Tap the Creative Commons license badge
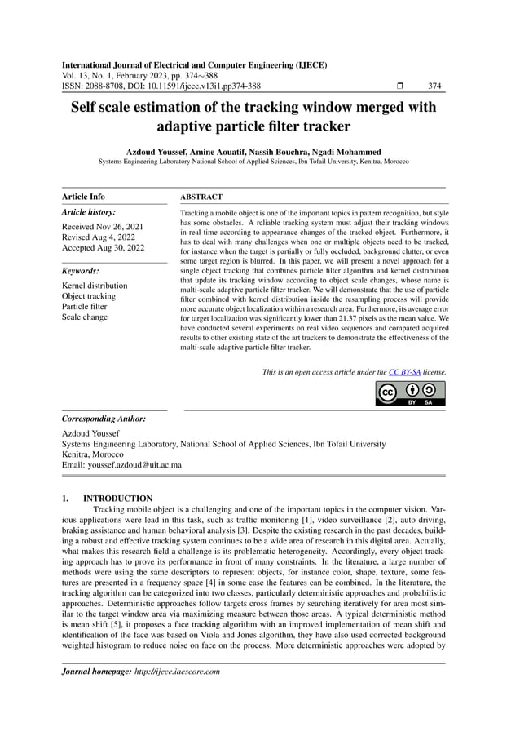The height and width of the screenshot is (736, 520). click(410, 392)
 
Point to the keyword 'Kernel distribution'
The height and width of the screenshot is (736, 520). click(95, 286)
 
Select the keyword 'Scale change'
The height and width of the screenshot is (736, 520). click(85, 317)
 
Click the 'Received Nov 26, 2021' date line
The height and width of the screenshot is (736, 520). click(104, 226)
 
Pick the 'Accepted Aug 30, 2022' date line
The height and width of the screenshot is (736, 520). click(104, 247)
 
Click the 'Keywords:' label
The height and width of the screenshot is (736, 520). click(82, 270)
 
